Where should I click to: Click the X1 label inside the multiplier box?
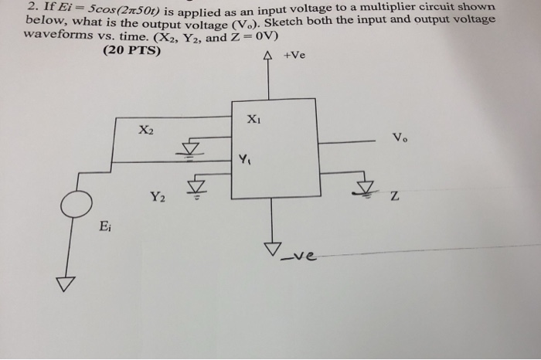tap(254, 120)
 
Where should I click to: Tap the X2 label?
tap(146, 131)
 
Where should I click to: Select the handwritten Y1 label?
tap(244, 161)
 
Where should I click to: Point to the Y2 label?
tap(158, 198)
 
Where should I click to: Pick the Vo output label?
tap(398, 138)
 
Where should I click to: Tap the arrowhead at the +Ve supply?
tap(268, 56)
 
